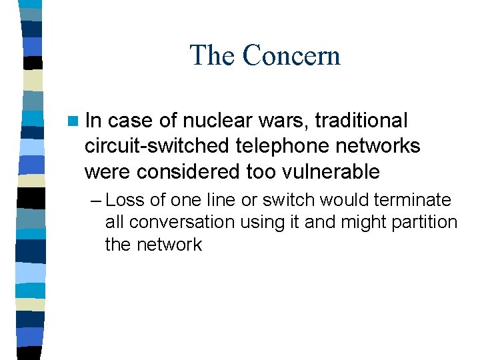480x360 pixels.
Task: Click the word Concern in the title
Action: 292,55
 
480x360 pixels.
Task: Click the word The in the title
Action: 213,55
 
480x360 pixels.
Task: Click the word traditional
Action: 361,121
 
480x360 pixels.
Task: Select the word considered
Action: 188,171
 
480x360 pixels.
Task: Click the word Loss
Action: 124,200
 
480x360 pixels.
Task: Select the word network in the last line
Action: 169,245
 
